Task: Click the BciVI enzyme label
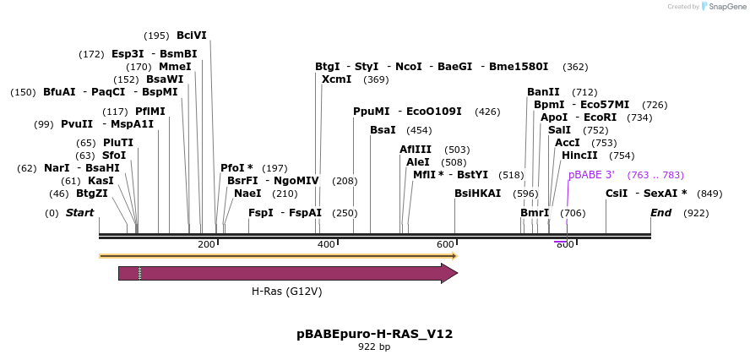coord(192,35)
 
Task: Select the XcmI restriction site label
coord(337,79)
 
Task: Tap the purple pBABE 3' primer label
coord(591,175)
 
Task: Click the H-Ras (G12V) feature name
coord(286,292)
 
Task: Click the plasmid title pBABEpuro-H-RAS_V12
coord(374,334)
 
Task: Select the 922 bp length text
coord(374,346)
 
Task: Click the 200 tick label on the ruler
coord(206,244)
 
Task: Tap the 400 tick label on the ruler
coord(326,244)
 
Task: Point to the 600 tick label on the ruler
coord(445,244)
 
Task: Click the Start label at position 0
coord(79,213)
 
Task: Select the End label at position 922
coord(660,213)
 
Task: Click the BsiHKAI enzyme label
coord(478,194)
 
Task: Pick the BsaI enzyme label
coord(383,130)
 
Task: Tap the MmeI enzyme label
coord(175,67)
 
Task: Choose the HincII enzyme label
coord(579,155)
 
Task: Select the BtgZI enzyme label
coord(92,194)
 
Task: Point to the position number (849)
coord(709,194)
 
